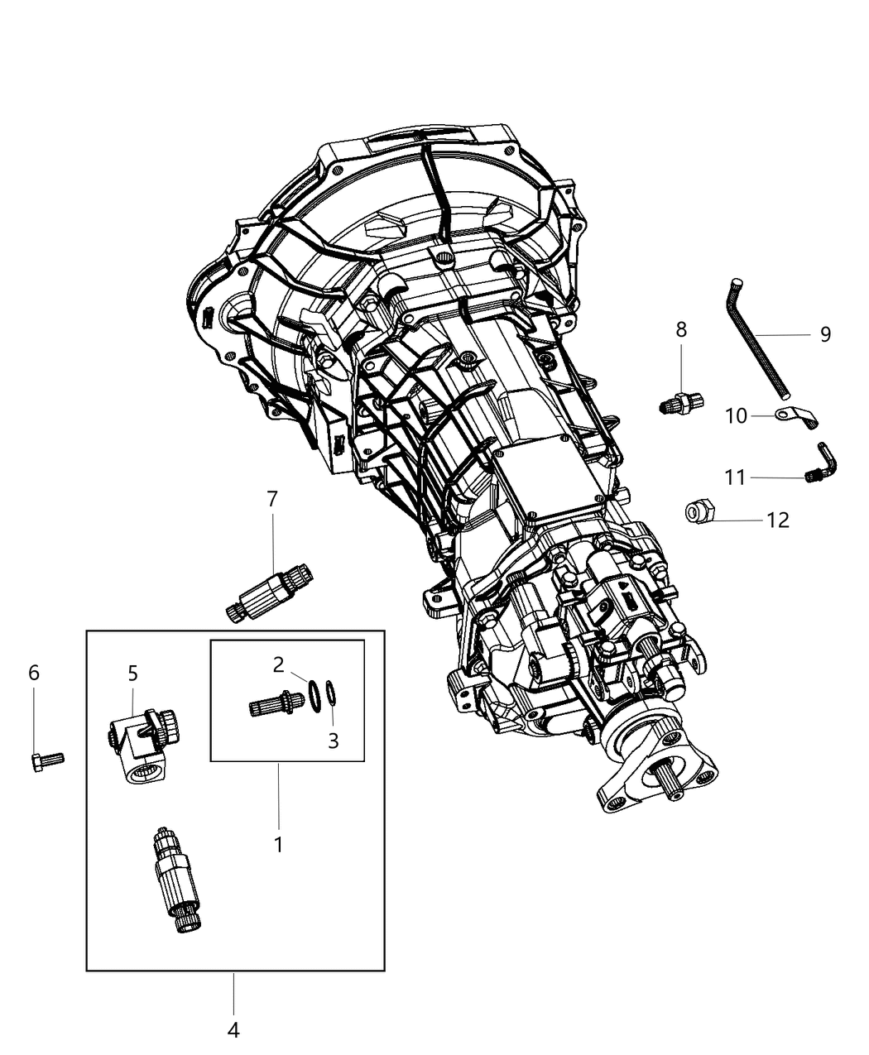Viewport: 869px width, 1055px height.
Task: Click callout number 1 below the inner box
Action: [279, 845]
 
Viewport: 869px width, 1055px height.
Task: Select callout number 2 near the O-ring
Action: [279, 664]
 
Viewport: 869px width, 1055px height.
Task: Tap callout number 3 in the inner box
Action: [334, 741]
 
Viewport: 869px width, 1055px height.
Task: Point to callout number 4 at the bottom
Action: [233, 1030]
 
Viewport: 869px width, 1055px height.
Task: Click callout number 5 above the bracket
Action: [133, 673]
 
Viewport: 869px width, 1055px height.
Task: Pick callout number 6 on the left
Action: [34, 673]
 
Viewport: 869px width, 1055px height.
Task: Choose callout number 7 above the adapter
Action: [272, 499]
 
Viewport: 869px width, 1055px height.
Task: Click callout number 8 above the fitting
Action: [681, 329]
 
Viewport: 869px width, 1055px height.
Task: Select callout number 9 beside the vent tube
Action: [825, 334]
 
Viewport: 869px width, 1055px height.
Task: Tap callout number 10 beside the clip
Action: [736, 416]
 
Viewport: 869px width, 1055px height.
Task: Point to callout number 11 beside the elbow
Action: [735, 477]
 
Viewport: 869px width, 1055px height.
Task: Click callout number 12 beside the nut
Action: [778, 520]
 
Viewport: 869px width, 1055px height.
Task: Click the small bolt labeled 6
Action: [46, 760]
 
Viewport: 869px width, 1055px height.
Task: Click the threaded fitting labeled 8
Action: [682, 404]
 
